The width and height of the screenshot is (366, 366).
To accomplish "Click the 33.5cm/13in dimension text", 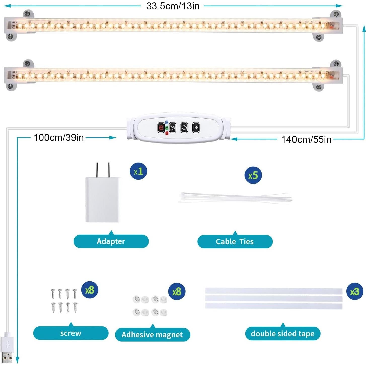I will pos(173,6).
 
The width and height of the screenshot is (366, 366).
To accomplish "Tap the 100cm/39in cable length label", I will pos(59,138).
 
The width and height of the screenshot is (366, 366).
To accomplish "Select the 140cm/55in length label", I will pos(306,139).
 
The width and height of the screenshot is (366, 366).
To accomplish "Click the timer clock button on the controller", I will pos(173,128).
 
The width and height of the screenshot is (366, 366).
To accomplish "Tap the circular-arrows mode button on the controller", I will pos(184,128).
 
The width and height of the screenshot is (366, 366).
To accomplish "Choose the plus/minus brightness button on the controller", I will pos(196,128).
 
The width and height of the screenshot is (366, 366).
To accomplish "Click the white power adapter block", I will pos(102,199).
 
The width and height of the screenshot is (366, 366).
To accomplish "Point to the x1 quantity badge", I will pos(138,171).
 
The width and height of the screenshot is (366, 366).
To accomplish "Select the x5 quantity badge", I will pos(253,175).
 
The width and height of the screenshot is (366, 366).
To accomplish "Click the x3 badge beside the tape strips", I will pos(355,291).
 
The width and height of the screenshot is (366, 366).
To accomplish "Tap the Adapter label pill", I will pos(111,241).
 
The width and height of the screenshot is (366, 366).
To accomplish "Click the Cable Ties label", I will pos(235,242).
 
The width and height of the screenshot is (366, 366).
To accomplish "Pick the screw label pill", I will pos(71,333).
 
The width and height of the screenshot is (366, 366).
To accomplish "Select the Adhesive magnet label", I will pos(152,335).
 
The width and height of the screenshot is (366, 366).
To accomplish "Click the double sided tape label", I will pos(283,334).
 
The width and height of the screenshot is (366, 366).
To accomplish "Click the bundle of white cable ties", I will pos(235,198).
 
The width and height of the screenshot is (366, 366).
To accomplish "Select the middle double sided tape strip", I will pos(274,299).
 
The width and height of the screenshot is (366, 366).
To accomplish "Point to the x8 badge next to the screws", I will pos(90,290).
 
